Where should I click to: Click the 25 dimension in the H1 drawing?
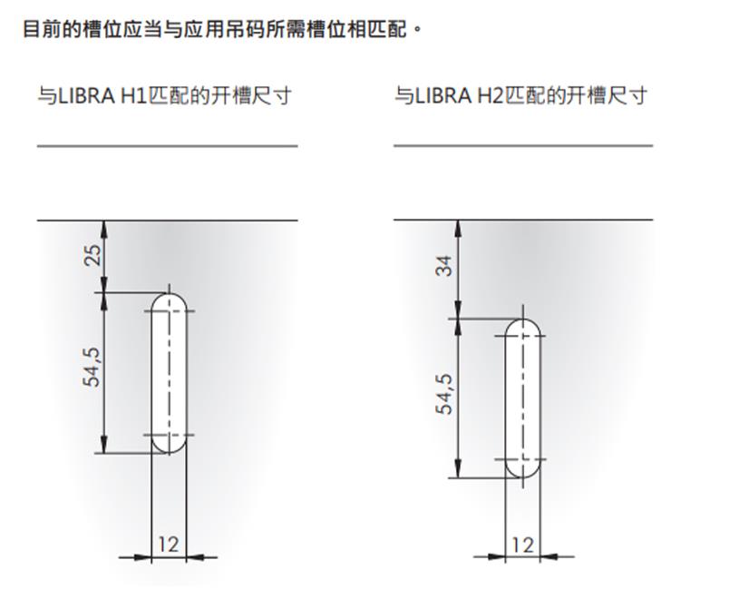(93, 255)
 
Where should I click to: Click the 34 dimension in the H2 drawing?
(444, 266)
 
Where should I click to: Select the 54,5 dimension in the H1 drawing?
(92, 367)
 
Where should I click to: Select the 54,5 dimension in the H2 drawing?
(444, 394)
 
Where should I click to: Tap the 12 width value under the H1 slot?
(169, 544)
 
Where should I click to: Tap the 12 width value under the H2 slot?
(522, 545)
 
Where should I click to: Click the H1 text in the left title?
(133, 96)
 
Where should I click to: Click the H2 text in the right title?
(491, 96)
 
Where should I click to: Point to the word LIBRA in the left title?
(87, 96)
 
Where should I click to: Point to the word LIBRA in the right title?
(443, 96)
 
